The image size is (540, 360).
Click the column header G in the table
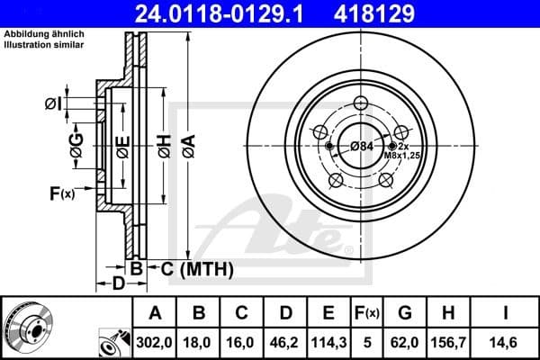406,313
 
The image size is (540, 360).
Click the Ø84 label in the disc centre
362,147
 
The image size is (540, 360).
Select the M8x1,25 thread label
401,156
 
